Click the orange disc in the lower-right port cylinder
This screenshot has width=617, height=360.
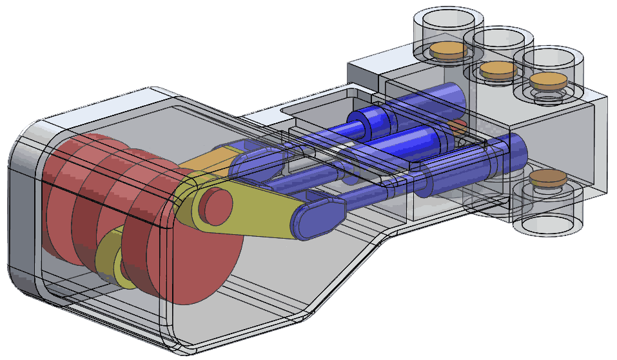[x=547, y=177]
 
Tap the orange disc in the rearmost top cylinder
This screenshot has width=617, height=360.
[x=447, y=49]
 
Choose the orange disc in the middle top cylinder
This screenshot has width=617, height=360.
[x=498, y=69]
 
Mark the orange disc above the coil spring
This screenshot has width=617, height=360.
[x=546, y=81]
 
